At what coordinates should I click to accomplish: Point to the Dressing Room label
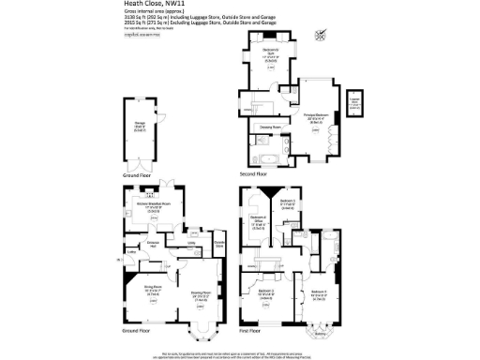(x=272, y=125)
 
